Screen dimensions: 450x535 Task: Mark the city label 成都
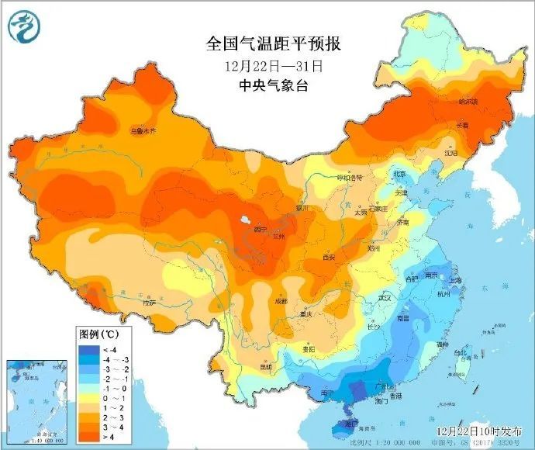[x=280, y=301]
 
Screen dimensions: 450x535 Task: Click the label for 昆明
[x=266, y=366]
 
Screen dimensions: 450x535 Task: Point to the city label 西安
[x=328, y=256]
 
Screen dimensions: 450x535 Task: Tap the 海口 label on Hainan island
[x=351, y=424]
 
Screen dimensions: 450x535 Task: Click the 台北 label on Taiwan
[x=459, y=353]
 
